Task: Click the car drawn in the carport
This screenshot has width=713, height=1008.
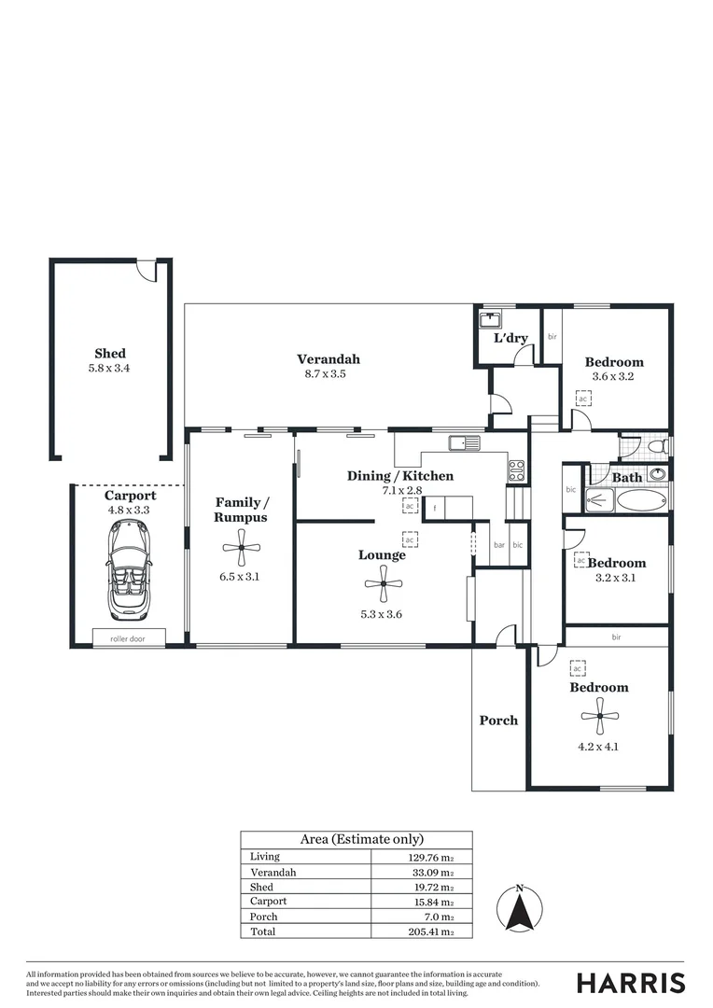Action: (128, 570)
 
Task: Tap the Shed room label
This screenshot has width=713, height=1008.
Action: (110, 354)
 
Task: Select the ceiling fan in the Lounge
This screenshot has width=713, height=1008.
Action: (383, 585)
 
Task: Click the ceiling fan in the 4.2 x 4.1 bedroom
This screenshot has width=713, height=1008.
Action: (599, 720)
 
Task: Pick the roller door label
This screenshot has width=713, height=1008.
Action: (129, 639)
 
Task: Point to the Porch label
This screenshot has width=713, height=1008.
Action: (498, 721)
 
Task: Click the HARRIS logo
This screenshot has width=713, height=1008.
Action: (631, 983)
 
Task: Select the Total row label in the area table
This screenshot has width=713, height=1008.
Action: (262, 931)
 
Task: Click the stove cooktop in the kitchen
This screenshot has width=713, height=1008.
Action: (516, 470)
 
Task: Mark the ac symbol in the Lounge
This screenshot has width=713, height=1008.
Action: (409, 539)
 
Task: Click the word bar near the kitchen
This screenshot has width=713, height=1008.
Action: (499, 544)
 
